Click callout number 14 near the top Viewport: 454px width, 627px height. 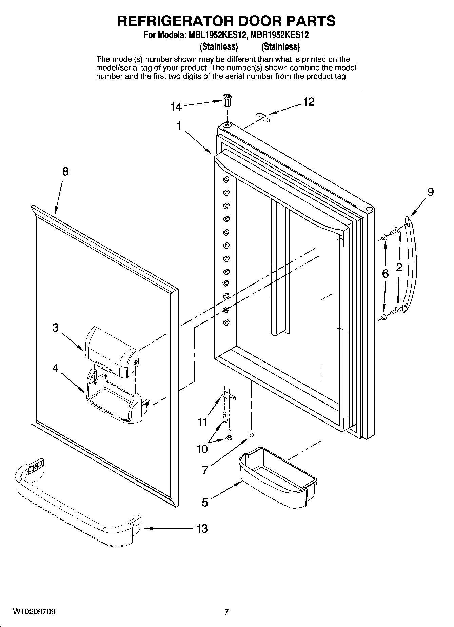click(x=176, y=107)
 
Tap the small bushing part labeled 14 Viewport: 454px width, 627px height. click(x=226, y=101)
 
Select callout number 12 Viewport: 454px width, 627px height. click(x=309, y=101)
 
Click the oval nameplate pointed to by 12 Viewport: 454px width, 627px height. click(x=262, y=117)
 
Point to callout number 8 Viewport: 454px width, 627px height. click(x=65, y=172)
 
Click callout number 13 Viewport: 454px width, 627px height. click(x=202, y=528)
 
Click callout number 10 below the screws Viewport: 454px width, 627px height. click(x=202, y=449)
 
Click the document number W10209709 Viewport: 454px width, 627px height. click(x=34, y=612)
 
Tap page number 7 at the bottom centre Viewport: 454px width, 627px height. click(x=226, y=612)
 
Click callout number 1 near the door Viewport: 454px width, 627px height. click(x=179, y=126)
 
